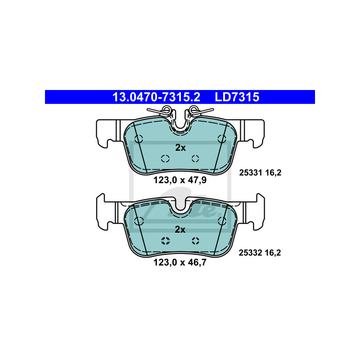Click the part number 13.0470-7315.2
tap(156, 97)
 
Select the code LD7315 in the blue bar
tap(237, 97)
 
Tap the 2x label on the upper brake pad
tap(180, 148)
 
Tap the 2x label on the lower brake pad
tap(180, 229)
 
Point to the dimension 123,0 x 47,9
tap(180, 180)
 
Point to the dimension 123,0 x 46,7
tap(180, 262)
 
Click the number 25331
tap(251, 173)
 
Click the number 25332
tap(250, 253)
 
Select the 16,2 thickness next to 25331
tap(273, 173)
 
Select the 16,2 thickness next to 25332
tap(273, 253)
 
